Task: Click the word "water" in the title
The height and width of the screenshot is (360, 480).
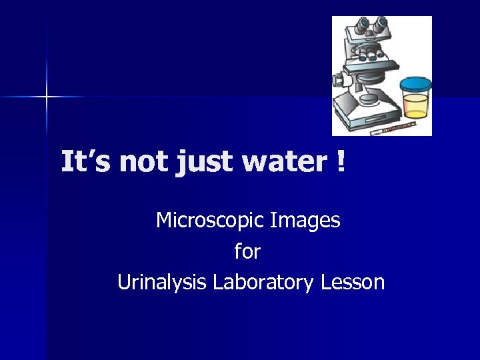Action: [282, 162]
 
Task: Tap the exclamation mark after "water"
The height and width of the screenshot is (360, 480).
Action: [341, 162]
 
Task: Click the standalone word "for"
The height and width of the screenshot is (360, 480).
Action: [247, 251]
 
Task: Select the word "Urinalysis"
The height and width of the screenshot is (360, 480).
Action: [162, 283]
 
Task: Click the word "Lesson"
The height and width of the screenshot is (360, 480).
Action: [353, 283]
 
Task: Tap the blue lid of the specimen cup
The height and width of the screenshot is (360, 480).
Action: [415, 84]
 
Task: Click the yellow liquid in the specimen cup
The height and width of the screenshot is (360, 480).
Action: [415, 106]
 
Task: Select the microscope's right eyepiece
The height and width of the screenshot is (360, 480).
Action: [381, 25]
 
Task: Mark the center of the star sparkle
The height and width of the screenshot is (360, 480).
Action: [47, 97]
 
